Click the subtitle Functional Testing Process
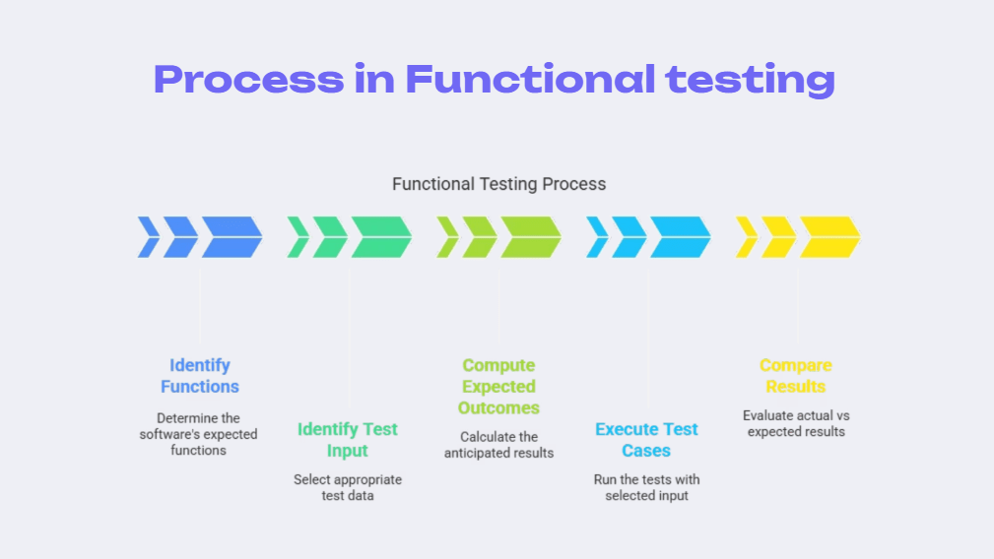click(498, 184)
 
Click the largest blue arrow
click(232, 237)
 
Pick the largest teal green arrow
click(381, 237)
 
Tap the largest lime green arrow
click(531, 237)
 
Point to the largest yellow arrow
click(829, 237)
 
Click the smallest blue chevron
click(149, 237)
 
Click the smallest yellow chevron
click(747, 237)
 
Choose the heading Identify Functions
click(200, 376)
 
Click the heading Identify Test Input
click(348, 440)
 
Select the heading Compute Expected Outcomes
click(498, 387)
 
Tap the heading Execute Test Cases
click(646, 440)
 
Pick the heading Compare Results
click(796, 376)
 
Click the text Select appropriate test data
click(348, 488)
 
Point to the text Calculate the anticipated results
click(498, 445)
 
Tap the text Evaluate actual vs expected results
click(796, 424)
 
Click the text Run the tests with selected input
click(646, 488)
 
